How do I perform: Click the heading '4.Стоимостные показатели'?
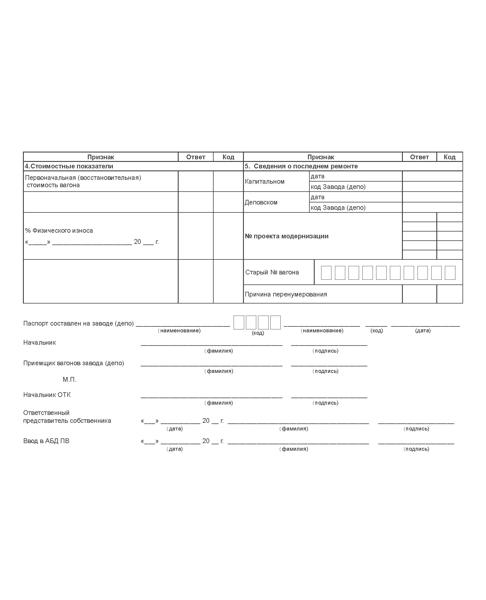[x=69, y=166]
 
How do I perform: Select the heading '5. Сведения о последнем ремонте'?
[x=301, y=166]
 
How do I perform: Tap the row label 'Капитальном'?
[x=264, y=181]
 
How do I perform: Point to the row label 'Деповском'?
[x=261, y=202]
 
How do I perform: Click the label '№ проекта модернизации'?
[x=286, y=236]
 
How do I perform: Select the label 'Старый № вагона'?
[x=272, y=272]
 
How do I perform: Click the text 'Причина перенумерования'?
[x=286, y=294]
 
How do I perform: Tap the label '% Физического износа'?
[x=59, y=230]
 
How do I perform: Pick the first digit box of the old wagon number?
[x=326, y=272]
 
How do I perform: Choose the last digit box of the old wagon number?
[x=450, y=272]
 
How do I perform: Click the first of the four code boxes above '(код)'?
[x=239, y=322]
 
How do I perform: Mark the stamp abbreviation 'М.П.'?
[x=69, y=379]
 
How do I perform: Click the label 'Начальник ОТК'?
[x=47, y=395]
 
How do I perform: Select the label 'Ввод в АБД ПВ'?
[x=46, y=441]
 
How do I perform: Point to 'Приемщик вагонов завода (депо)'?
[x=73, y=363]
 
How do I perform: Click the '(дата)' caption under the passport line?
[x=423, y=330]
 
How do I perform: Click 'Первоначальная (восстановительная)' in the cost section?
[x=83, y=177]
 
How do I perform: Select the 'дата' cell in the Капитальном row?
[x=317, y=176]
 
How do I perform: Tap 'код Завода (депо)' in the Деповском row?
[x=338, y=207]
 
